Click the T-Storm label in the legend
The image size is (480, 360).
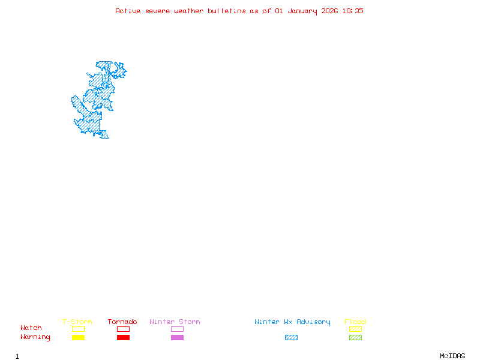coord(77,322)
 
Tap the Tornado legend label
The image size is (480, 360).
coord(122,322)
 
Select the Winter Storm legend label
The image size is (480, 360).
coord(175,322)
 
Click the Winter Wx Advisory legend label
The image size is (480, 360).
coord(292,322)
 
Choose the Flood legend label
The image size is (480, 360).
coord(355,322)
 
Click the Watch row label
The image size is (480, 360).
coord(31,328)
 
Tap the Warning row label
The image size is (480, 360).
coord(35,337)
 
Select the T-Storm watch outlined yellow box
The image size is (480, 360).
coord(78,329)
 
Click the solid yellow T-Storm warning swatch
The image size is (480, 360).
coord(78,338)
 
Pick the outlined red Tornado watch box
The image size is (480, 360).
coord(123,329)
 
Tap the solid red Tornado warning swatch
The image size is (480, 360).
coord(123,338)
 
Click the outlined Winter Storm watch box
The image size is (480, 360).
coord(177,329)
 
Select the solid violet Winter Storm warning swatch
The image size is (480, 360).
coord(177,338)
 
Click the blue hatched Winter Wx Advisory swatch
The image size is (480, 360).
coord(291,338)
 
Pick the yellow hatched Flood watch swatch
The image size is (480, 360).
coord(355,329)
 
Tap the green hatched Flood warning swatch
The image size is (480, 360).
coord(355,338)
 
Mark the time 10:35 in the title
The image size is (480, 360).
coord(353,11)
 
